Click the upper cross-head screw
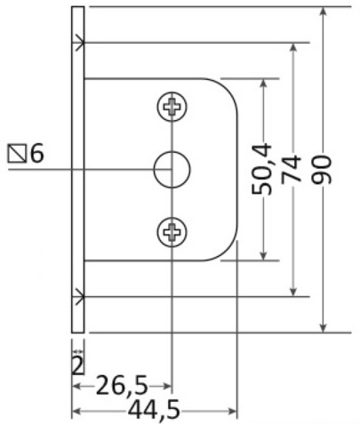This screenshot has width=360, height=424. point(172,106)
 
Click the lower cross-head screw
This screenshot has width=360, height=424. point(172,232)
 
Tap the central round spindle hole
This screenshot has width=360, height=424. point(172,169)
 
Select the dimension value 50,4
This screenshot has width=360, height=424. point(261,169)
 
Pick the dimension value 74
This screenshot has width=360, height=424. point(292,168)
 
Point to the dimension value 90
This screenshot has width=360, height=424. point(322,170)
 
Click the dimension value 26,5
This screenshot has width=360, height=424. point(122,385)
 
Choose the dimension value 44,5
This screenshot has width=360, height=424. point(154,410)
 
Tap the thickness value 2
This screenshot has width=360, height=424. point(77,366)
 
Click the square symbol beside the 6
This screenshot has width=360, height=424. point(17,154)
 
